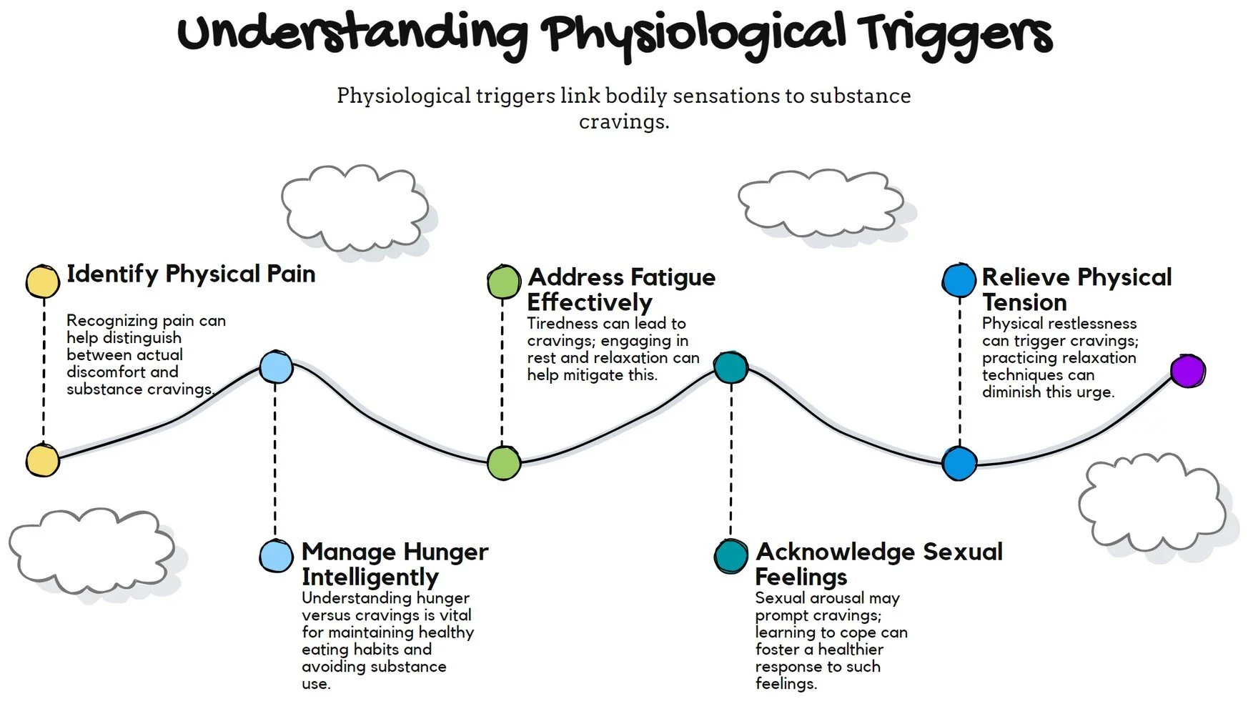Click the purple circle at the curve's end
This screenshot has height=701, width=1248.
1187,372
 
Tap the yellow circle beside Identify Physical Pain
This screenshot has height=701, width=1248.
42,282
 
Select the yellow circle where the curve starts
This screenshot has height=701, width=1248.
42,460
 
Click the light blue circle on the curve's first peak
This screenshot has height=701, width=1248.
276,367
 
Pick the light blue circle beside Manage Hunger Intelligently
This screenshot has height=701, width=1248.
276,556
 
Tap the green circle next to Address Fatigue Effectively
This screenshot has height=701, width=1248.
504,282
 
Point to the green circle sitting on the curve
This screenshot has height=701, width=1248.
504,463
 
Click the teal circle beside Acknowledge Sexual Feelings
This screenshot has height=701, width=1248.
731,556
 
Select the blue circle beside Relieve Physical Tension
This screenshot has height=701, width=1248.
959,280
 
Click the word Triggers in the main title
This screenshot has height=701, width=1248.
955,36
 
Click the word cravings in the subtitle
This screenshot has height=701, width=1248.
623,121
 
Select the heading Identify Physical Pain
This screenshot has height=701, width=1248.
191,274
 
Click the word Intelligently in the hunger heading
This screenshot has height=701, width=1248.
370,577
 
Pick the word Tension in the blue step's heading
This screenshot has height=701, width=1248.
1024,302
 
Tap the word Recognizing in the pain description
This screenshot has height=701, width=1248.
112,321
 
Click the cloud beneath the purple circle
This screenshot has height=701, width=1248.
1152,504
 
